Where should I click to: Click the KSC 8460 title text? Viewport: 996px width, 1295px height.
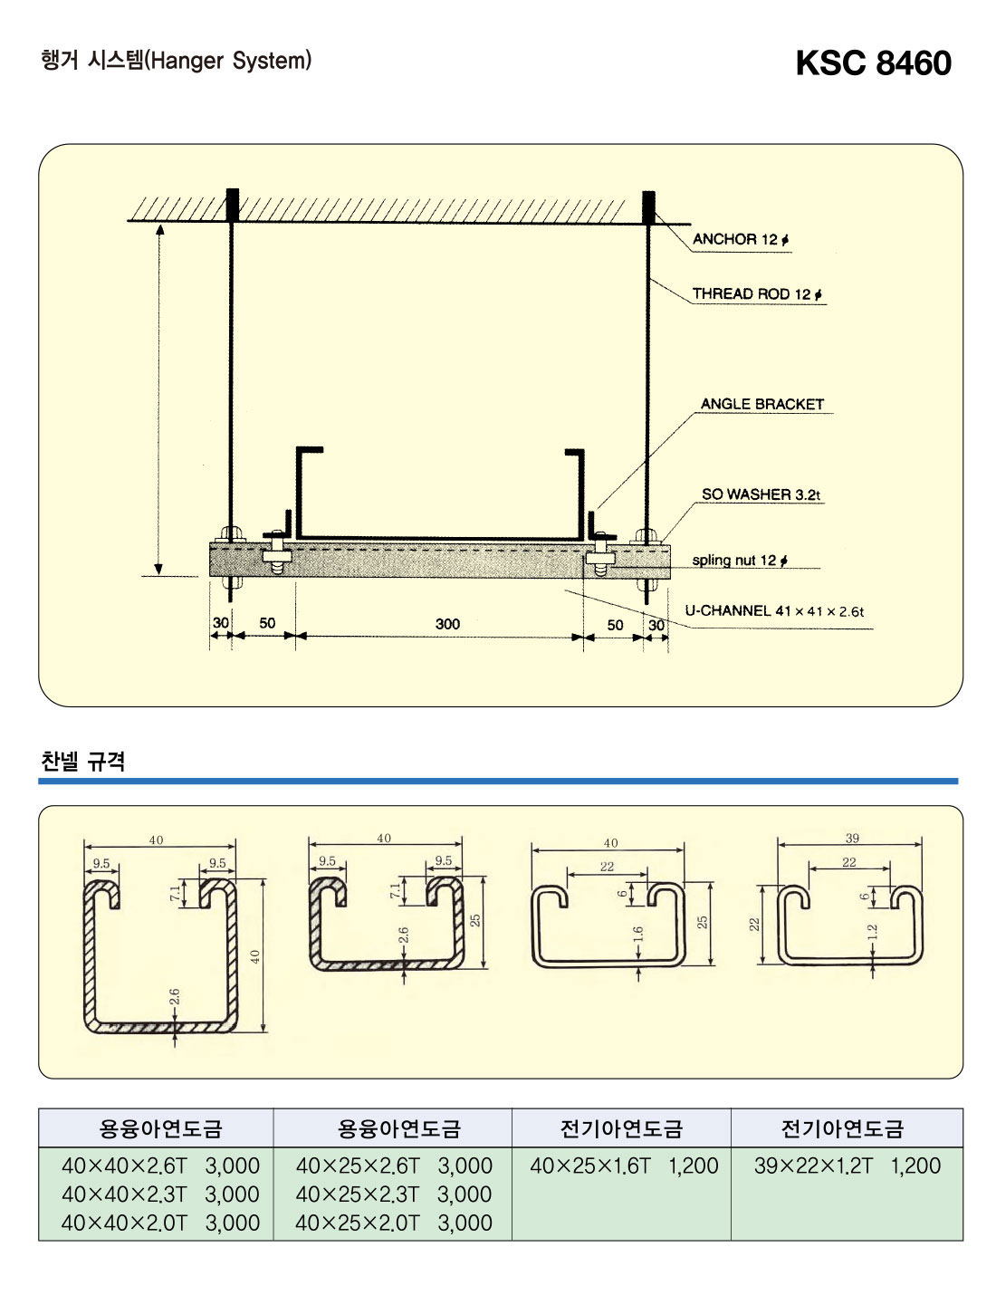coord(873,63)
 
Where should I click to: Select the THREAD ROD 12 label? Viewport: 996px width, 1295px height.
coord(757,293)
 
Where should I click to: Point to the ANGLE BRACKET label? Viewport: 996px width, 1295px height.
coord(762,404)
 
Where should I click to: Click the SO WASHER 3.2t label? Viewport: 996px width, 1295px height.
coord(761,494)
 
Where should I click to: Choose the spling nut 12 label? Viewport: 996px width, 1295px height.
coord(739,561)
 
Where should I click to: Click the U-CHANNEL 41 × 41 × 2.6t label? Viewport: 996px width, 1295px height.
coord(774,611)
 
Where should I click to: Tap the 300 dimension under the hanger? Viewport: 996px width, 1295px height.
coord(447,624)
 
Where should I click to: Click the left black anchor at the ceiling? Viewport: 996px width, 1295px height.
coord(233,206)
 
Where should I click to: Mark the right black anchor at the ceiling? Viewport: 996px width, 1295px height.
coord(648,206)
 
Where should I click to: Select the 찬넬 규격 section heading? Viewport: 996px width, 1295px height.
coord(83,761)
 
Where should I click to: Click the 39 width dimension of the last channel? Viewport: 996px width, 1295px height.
coord(852,839)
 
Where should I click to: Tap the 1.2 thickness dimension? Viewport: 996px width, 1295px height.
coord(873,932)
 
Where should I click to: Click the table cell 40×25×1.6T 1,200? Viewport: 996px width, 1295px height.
coord(624,1165)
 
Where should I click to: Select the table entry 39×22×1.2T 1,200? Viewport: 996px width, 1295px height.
coord(848,1165)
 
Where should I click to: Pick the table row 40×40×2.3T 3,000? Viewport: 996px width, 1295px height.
coord(160,1194)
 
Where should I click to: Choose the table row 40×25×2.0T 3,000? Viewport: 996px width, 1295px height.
coord(394,1223)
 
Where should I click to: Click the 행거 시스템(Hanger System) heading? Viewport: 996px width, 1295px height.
coord(177,61)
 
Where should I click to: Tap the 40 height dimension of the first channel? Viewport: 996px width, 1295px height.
coord(255,955)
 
